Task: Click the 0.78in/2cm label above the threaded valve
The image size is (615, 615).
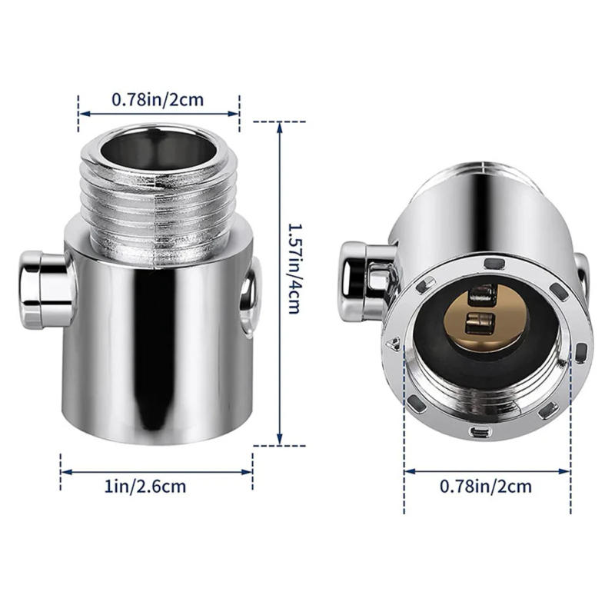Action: (158, 99)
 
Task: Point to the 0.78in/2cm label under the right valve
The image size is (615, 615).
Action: (486, 486)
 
